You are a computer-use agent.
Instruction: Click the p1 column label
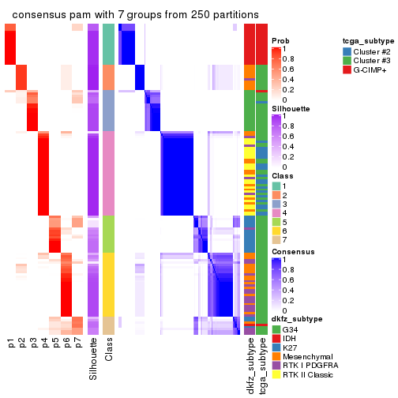pos(11,344)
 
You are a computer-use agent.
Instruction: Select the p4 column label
pos(44,344)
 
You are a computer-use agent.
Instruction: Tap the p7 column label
pos(77,344)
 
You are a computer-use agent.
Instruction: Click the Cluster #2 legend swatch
pos(347,51)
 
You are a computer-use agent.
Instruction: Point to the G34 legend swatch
pos(276,329)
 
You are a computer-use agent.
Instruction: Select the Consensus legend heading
pos(292,252)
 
